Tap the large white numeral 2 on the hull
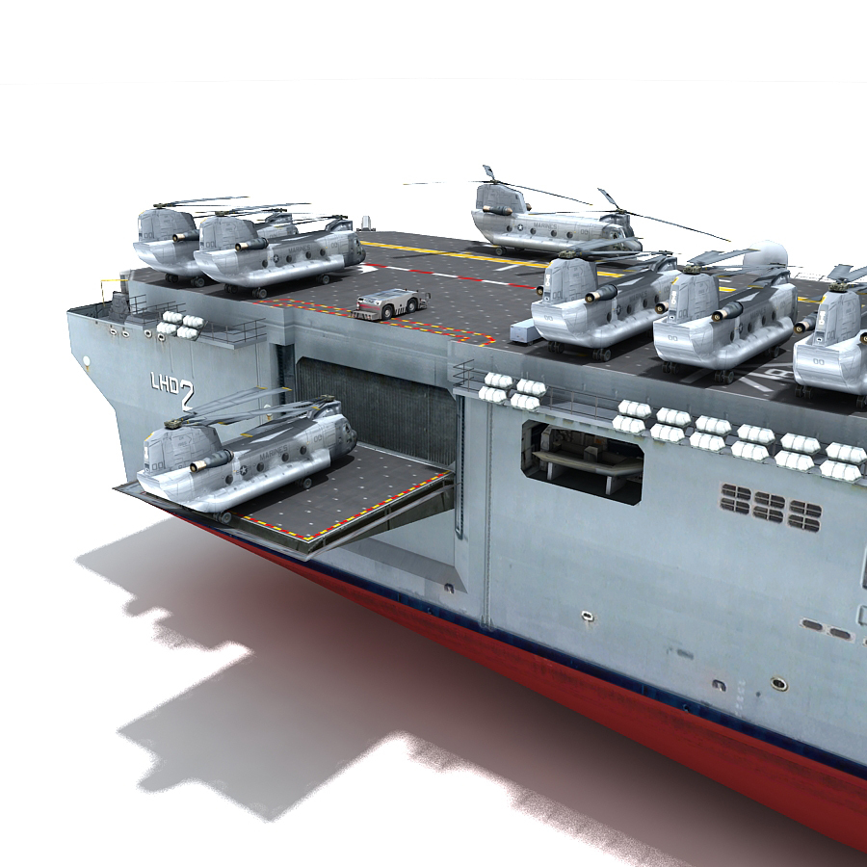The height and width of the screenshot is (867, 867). pos(186,392)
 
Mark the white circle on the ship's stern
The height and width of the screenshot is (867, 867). pos(87,364)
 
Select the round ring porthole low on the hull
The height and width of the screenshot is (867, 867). pos(778,683)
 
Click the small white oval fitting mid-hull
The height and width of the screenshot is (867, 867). pos(587,614)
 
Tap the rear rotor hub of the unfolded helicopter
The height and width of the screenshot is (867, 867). pos(608,197)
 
